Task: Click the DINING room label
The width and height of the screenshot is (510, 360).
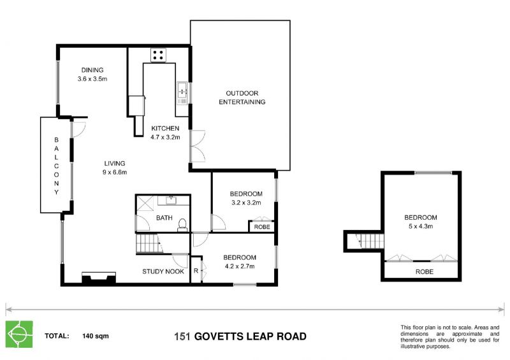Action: coord(92,70)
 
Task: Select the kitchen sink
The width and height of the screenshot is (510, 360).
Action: coord(182,94)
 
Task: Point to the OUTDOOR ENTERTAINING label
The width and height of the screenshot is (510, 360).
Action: coord(242,97)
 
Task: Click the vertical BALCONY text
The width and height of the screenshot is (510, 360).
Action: coord(56,165)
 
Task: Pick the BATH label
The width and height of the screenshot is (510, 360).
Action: coord(164,218)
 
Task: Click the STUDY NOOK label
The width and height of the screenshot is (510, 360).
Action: coord(163,271)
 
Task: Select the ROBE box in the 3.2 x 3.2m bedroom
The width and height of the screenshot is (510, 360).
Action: coord(262,226)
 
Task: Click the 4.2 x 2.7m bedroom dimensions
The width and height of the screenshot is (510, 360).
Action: coord(239,266)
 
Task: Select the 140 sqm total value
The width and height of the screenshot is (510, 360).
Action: coord(95,335)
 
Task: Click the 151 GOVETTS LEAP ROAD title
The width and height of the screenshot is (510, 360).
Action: coord(240,336)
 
